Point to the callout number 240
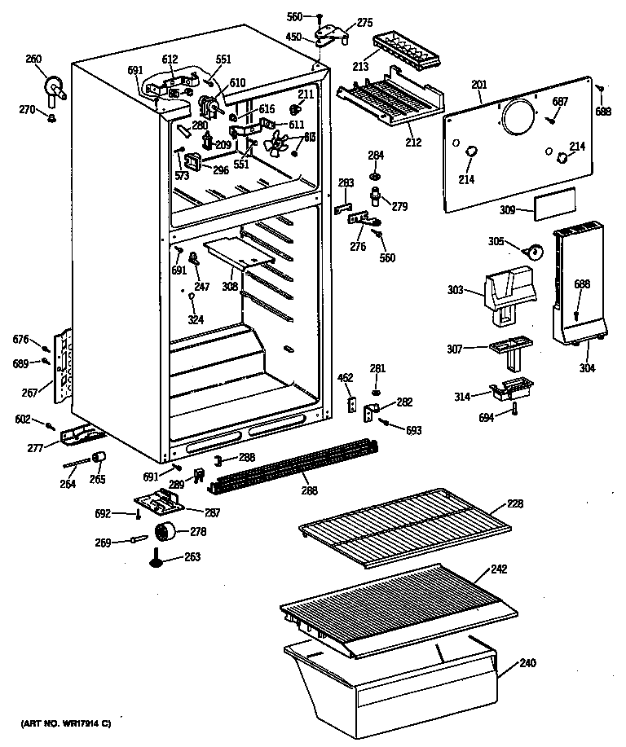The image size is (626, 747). [x=527, y=663]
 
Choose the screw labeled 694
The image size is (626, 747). [x=515, y=410]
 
